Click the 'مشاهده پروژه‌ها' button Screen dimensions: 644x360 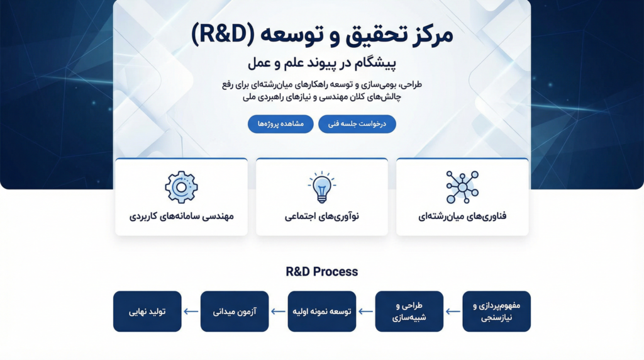click(280, 124)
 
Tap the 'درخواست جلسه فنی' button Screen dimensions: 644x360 click(357, 124)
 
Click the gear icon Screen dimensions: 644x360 click(181, 187)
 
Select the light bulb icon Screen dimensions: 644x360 click(321, 187)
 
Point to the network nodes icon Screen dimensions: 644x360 click(462, 187)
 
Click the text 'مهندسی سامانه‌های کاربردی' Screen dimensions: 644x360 click(181, 216)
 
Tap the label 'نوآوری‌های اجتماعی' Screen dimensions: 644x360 click(321, 216)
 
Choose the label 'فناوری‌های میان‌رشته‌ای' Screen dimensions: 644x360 click(462, 216)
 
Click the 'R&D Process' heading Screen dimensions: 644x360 click(321, 272)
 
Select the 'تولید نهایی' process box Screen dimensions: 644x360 click(147, 312)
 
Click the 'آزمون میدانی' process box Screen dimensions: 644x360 click(235, 312)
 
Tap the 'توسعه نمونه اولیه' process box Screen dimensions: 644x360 click(322, 312)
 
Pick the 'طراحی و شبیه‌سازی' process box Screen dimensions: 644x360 click(409, 312)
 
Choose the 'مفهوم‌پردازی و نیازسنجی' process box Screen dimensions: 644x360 click(497, 312)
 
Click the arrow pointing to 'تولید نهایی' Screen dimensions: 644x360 click(191, 312)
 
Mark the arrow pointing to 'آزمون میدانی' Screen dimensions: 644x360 click(278, 312)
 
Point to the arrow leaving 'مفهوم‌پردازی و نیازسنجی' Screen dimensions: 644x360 click(453, 312)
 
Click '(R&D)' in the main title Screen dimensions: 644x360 click(223, 34)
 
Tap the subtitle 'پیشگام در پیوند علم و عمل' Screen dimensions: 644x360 click(321, 64)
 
